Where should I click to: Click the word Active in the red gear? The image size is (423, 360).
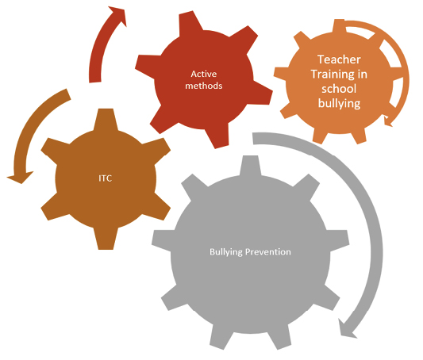(x=204, y=74)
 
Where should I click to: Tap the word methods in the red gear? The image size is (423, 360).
(x=204, y=86)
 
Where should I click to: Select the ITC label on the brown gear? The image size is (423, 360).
(x=106, y=178)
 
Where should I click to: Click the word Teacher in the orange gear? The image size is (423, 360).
(x=339, y=59)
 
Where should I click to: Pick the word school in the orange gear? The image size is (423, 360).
(x=339, y=89)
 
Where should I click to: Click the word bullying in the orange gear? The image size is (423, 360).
(x=339, y=104)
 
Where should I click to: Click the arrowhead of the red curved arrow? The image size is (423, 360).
(x=119, y=15)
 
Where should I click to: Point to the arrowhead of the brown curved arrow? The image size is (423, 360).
(x=20, y=178)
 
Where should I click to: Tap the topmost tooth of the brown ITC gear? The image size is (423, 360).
(x=106, y=119)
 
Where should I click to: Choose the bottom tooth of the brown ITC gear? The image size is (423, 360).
(x=106, y=239)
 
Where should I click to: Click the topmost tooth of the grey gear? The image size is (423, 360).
(x=250, y=166)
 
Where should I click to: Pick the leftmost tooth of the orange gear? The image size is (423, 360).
(x=281, y=74)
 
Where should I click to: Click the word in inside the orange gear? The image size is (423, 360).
(x=363, y=75)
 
